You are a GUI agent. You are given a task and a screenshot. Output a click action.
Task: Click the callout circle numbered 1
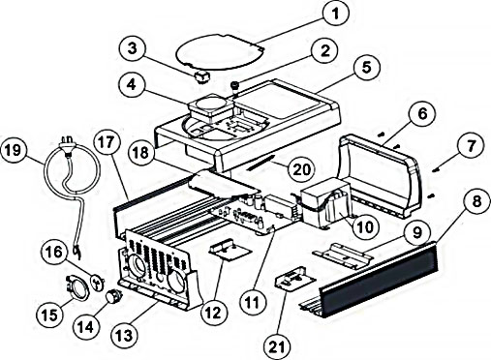336,14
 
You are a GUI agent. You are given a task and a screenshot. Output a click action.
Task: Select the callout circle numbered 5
366,68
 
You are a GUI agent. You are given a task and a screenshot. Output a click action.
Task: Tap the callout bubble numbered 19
14,150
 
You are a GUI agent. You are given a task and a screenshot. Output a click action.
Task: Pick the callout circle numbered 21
277,346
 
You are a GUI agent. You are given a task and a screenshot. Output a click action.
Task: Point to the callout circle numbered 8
476,201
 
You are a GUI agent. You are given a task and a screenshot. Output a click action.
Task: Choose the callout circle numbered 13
124,336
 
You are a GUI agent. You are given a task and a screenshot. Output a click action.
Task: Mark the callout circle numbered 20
301,168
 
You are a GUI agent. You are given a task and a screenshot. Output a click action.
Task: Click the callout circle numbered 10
365,226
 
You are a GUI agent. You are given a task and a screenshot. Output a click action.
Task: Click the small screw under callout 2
234,88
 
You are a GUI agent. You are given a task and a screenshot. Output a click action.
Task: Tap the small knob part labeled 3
201,77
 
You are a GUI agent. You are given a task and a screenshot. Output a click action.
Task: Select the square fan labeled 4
211,107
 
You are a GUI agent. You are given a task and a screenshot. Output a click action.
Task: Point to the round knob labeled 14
114,295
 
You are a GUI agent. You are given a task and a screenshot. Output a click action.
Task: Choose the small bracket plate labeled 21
294,279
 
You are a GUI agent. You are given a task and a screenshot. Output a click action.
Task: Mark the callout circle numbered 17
107,142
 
